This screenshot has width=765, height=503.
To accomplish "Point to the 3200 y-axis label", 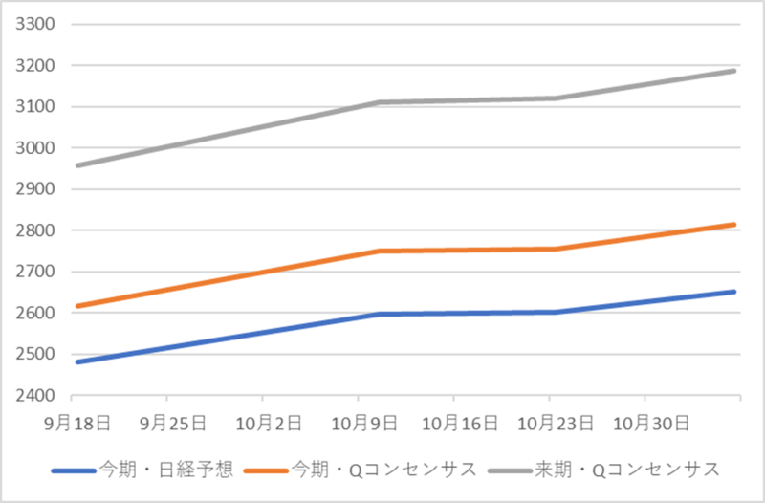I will coord(37,65).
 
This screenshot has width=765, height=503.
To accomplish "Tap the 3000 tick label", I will coord(37,147).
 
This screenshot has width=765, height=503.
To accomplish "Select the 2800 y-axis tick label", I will coord(37,230).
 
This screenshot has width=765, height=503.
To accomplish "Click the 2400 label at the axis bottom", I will coord(37,395).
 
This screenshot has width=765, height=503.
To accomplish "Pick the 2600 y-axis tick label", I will coord(37,313).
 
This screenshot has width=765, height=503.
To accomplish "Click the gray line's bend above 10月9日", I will coord(377,102).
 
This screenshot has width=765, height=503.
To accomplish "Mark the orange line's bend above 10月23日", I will coord(556,249).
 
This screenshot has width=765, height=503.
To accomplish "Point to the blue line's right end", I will coord(734,292).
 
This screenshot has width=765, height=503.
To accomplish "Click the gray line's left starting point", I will coord(76,165).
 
